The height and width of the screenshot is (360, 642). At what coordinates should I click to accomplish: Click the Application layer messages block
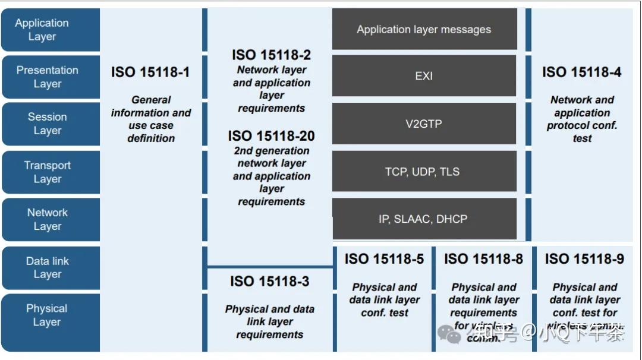click(x=424, y=29)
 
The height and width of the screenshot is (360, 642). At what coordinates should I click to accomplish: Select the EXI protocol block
click(x=424, y=76)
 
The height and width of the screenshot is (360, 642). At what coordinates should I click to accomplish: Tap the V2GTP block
click(x=424, y=124)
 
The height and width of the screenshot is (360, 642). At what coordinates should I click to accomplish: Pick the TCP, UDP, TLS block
click(x=424, y=172)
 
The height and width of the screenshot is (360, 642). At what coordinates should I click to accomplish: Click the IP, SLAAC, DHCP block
click(x=424, y=219)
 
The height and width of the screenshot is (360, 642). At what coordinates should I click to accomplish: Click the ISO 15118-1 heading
click(x=150, y=72)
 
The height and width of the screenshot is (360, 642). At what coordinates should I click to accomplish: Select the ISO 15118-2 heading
click(x=271, y=55)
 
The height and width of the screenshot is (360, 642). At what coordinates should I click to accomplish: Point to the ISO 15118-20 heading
click(x=271, y=136)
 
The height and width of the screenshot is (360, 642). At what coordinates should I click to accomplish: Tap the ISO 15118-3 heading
click(x=269, y=282)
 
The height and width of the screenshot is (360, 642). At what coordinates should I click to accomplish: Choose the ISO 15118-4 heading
click(x=581, y=72)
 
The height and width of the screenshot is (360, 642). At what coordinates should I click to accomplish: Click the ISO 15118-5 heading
click(x=384, y=259)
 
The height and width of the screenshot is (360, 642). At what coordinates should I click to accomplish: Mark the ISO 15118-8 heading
click(x=483, y=259)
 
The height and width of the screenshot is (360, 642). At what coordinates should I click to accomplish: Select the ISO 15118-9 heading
click(x=584, y=259)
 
